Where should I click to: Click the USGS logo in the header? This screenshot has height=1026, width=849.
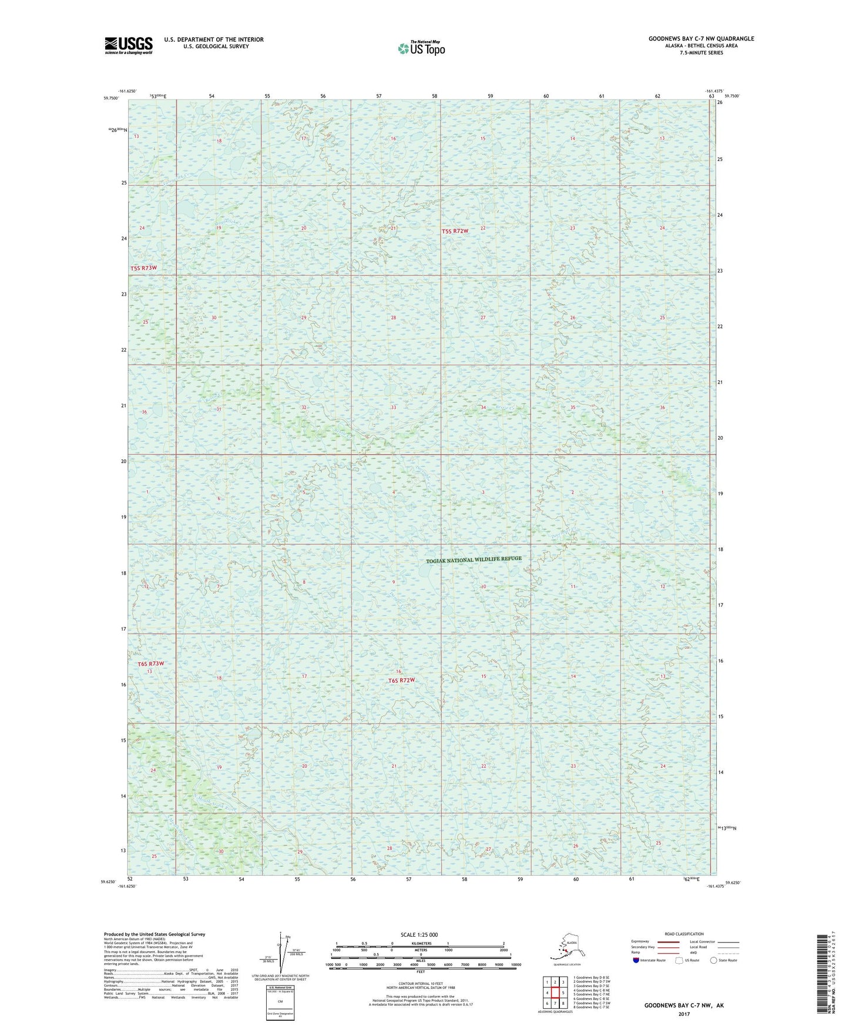128,45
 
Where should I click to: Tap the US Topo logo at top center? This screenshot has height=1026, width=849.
421,48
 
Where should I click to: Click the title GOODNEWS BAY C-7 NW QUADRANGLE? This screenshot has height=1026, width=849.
701,39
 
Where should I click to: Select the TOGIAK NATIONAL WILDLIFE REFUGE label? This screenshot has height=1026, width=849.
474,559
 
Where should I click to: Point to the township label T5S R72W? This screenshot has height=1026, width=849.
455,232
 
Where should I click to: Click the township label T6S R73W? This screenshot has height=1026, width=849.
150,664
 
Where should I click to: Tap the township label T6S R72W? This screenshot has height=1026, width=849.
401,680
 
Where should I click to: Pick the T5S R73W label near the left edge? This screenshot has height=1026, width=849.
144,268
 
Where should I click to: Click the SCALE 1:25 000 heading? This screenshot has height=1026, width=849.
419,934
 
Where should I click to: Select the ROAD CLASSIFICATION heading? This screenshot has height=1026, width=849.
684,934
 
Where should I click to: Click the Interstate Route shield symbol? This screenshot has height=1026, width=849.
636,960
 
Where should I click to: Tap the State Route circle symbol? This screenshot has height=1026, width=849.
714,960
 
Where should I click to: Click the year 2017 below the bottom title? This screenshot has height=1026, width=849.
683,1014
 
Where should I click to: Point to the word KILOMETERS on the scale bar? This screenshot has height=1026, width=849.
419,944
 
